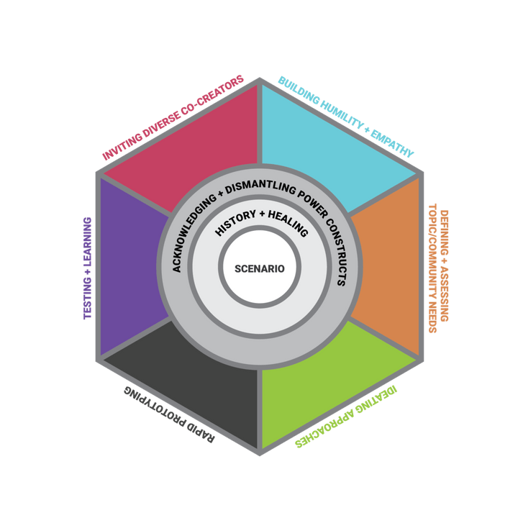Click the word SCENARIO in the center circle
259,268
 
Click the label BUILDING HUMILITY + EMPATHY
346,116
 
